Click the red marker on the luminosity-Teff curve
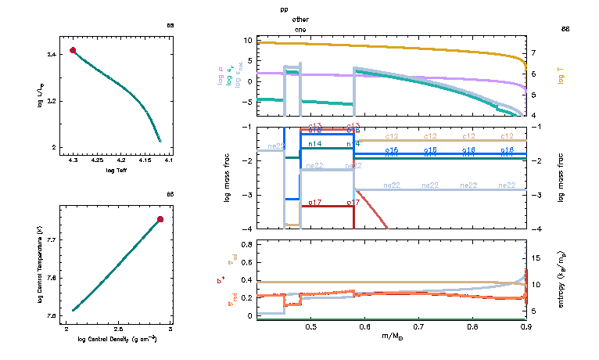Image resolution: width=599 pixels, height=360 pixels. pos(73,50)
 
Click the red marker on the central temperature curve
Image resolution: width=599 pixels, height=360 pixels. pos(160,219)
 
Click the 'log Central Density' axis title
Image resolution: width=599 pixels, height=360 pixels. pos(117,340)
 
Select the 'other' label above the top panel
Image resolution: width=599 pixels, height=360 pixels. pos(300,20)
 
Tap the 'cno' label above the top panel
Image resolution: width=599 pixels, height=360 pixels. pos(300,29)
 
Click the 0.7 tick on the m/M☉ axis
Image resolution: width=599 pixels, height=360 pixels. pos(418,326)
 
